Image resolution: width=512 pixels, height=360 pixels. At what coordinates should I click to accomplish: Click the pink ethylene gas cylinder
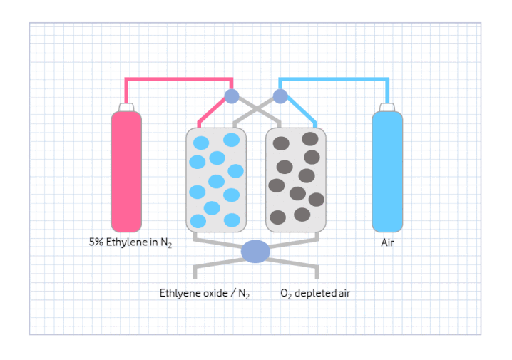[126, 171]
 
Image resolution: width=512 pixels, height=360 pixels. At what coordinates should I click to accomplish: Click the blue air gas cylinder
[387, 171]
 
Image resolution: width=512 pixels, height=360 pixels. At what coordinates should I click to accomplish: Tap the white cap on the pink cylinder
[126, 107]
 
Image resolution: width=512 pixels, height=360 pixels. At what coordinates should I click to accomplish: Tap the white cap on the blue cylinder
[387, 107]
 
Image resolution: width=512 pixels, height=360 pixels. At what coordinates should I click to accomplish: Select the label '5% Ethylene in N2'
[130, 242]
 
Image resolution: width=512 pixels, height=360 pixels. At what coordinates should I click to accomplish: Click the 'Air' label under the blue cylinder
[387, 242]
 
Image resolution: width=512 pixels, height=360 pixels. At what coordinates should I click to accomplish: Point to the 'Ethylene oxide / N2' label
[204, 292]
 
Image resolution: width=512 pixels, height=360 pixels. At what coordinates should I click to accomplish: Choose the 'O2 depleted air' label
[315, 292]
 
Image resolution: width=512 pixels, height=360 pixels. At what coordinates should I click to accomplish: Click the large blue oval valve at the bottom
[256, 251]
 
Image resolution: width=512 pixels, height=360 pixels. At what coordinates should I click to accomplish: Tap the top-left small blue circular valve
[232, 96]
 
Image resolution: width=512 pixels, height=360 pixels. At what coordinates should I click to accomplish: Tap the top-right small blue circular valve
[280, 96]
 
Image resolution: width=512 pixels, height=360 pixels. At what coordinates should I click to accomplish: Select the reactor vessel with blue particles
[216, 180]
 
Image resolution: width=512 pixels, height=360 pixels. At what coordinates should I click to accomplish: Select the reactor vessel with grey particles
[296, 180]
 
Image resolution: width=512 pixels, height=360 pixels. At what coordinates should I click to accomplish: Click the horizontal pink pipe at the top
[178, 78]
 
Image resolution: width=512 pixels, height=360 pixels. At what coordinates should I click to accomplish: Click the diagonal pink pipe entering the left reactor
[209, 111]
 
